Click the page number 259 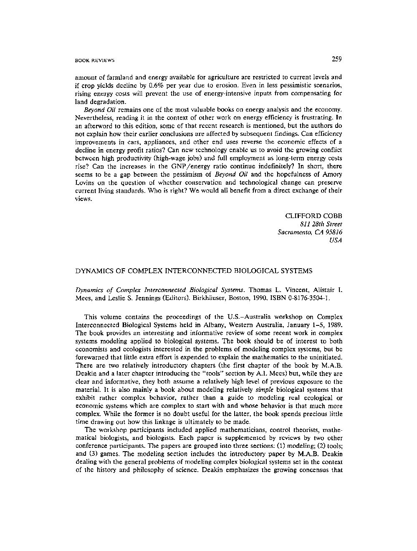coord(337,59)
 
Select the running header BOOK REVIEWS coord(95,61)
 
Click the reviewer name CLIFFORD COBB coord(313,216)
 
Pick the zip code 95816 coord(332,232)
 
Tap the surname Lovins coord(85,183)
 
